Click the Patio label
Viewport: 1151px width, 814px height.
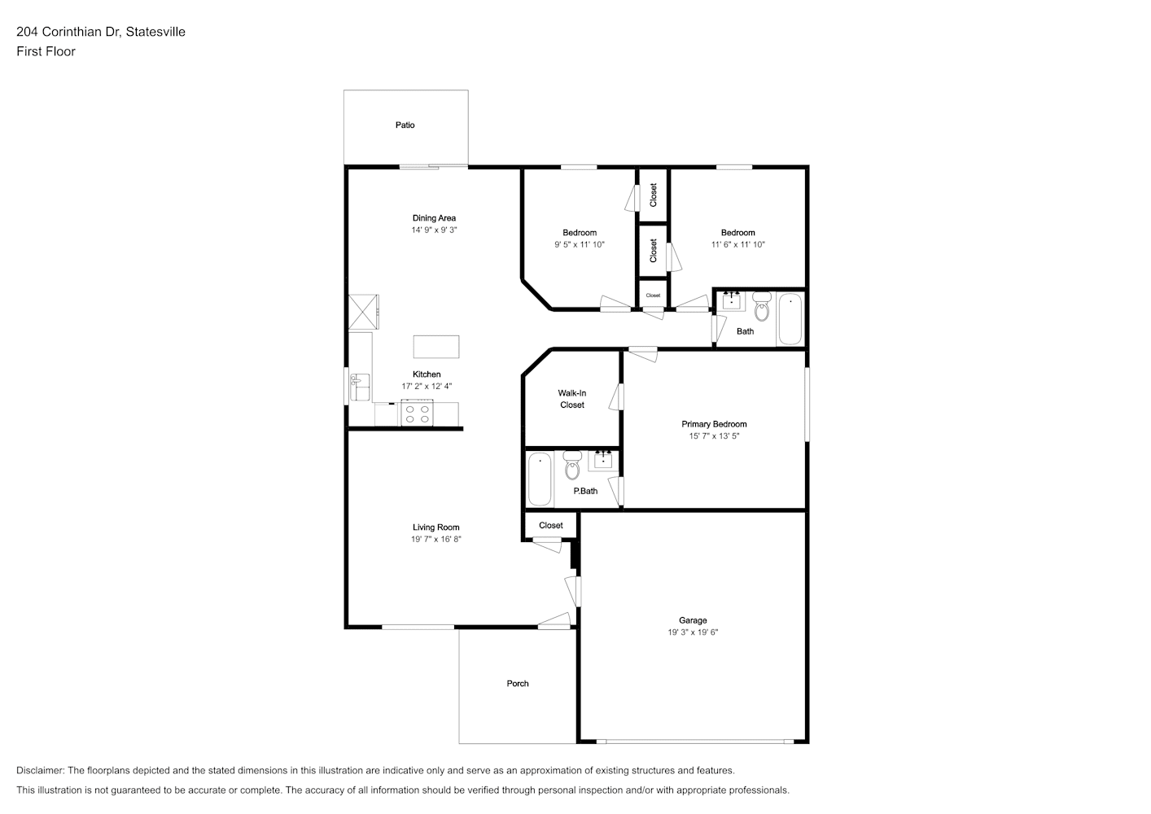[405, 125]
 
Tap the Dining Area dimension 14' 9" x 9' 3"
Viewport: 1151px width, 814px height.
[434, 230]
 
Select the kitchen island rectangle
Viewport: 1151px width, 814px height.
[436, 347]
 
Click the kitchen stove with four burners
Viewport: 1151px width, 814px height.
[418, 414]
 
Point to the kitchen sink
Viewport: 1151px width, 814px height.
[360, 387]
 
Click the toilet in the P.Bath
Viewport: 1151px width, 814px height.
[572, 465]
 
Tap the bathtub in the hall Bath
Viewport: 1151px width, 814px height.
[790, 318]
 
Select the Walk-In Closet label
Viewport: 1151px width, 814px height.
[572, 399]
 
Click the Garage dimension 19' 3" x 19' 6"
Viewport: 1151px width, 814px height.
[693, 632]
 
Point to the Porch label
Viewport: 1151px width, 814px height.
[518, 684]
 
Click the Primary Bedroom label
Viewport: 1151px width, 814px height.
[714, 424]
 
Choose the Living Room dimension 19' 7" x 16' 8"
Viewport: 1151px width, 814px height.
[435, 539]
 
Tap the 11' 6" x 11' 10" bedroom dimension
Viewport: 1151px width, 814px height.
[737, 245]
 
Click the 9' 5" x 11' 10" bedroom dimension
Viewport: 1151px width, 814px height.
[580, 245]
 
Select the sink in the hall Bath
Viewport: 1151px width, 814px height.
[731, 300]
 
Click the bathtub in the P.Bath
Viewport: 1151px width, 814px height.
[540, 479]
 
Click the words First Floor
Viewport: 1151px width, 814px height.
[46, 51]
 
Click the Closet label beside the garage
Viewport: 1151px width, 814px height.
[551, 525]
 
